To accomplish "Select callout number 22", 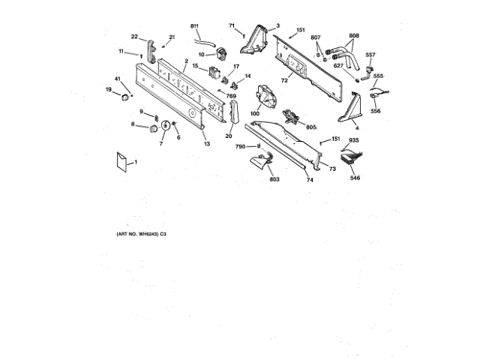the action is [x=134, y=37].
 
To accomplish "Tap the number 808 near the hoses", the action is [x=354, y=35].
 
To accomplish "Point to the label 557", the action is [x=370, y=55].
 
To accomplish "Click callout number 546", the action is [x=355, y=178].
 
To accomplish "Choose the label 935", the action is [x=354, y=141].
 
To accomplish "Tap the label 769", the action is [x=232, y=96].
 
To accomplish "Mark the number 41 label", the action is [x=117, y=79].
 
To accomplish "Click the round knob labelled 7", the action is [x=163, y=125].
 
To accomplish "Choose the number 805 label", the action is [x=310, y=127].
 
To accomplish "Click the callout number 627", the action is [x=339, y=64].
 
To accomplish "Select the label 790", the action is [x=240, y=146].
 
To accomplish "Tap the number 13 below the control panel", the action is [x=207, y=144].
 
